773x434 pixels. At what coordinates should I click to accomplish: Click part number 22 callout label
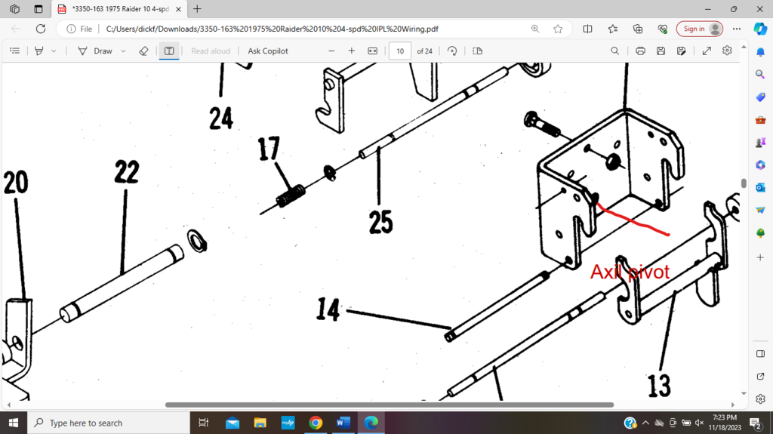126,172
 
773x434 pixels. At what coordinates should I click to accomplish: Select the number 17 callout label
269,149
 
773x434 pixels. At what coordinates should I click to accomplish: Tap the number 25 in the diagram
381,221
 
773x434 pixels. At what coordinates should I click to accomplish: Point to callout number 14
328,309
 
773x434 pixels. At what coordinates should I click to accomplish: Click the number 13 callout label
659,386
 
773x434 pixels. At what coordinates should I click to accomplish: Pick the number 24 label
220,118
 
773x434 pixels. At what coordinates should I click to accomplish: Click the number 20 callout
16,183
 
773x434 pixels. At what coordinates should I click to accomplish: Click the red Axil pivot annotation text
630,272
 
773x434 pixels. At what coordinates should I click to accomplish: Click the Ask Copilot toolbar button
268,51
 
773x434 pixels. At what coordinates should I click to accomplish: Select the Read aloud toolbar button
210,51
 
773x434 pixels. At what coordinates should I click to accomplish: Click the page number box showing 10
399,51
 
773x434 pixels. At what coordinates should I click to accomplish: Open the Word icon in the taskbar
343,423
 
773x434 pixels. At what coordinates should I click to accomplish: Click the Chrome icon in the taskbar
316,423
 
